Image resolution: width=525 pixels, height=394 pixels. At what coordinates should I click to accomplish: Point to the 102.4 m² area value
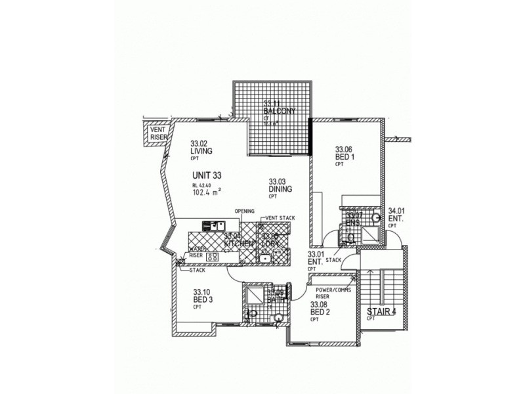206,192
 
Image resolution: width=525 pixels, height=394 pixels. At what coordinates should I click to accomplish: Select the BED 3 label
202,296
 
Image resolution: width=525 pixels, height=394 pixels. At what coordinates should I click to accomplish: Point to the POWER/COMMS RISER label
332,293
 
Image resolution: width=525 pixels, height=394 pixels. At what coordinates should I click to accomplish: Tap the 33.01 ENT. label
316,261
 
